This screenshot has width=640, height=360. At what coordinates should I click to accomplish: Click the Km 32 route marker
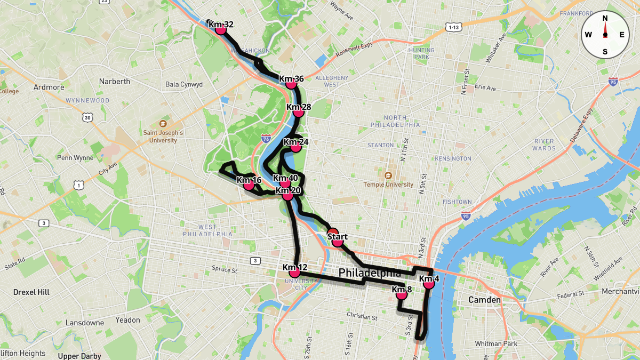coord(221,29)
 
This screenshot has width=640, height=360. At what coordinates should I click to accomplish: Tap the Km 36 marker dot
coord(291,84)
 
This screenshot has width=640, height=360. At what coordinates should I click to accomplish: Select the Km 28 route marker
coord(299,112)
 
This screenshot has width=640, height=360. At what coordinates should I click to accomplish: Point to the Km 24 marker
coord(295,147)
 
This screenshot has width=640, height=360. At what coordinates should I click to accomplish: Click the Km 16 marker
coord(249,185)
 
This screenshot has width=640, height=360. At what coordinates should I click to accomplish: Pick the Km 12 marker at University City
coord(294,272)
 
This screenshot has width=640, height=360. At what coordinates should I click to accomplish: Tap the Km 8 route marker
coord(402,294)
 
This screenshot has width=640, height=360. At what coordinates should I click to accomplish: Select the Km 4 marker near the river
coord(429,284)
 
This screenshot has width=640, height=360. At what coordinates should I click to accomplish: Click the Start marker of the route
coord(337,242)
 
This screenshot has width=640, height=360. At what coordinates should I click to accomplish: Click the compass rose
coord(605,35)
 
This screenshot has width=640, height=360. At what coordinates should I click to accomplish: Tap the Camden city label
coord(484,300)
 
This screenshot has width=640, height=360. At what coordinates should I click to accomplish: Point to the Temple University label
coord(388,185)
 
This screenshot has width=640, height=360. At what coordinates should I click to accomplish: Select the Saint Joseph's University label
coord(163,137)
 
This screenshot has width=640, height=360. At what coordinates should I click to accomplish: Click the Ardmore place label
coord(49,87)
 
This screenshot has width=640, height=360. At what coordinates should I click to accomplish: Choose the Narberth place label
coord(114,82)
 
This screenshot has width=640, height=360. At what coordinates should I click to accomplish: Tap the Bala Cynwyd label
coord(184,84)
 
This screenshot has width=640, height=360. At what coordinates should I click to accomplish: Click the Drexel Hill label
coord(31,292)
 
